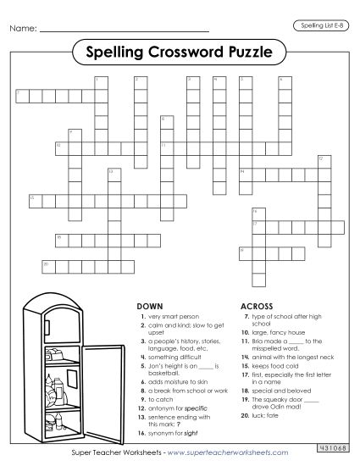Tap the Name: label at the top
click(23, 30)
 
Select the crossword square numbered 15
click(34, 200)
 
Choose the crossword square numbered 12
click(322, 160)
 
